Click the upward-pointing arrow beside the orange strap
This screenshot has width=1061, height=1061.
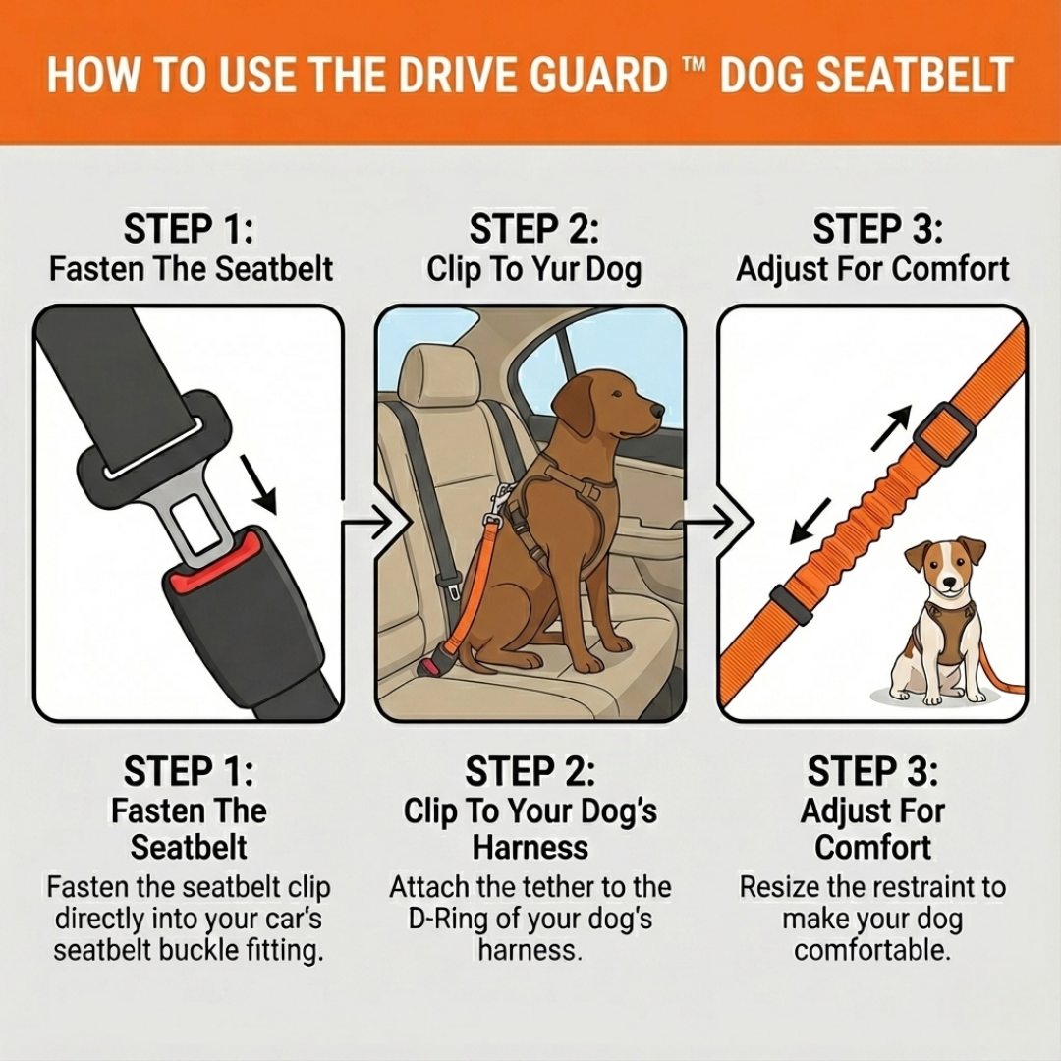(x=891, y=428)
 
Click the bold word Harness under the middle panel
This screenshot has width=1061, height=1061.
(x=530, y=847)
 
